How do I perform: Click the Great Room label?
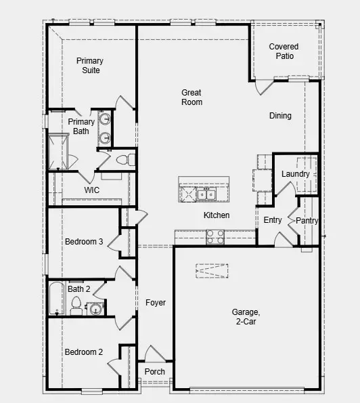(x=192, y=98)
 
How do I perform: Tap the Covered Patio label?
(x=284, y=51)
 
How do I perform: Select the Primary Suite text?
(x=89, y=65)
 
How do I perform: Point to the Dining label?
(x=280, y=116)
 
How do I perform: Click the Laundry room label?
(x=296, y=174)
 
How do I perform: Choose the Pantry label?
(x=307, y=221)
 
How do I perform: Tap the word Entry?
(x=273, y=220)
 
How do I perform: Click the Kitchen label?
(x=217, y=215)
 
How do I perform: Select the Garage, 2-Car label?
(x=246, y=317)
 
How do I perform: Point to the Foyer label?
(x=155, y=303)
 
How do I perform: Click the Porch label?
(x=155, y=372)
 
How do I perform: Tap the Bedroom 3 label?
(x=84, y=242)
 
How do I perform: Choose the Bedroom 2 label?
(x=84, y=352)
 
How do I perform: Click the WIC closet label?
(x=92, y=190)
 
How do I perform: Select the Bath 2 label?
(x=78, y=289)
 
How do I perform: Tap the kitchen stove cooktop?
(x=215, y=237)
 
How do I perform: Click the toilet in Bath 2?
(x=76, y=305)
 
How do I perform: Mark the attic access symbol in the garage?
(x=212, y=270)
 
